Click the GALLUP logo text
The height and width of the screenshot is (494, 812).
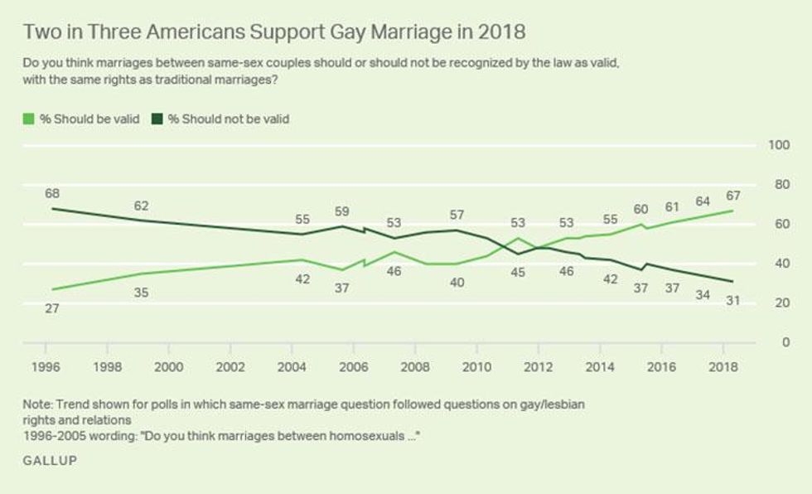click(49, 460)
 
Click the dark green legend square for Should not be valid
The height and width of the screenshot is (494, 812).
click(157, 119)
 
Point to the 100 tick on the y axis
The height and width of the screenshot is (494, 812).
click(779, 146)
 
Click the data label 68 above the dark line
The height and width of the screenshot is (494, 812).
click(52, 193)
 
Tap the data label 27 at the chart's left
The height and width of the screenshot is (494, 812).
click(52, 308)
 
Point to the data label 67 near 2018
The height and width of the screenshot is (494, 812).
click(732, 196)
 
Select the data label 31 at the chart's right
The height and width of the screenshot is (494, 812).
click(732, 300)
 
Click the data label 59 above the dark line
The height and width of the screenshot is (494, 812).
click(341, 211)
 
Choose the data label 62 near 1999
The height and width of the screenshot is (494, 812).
click(141, 205)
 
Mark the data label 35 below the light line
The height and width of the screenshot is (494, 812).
click(141, 292)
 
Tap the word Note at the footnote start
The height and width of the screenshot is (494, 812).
click(37, 404)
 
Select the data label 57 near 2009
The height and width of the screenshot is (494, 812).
click(457, 215)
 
